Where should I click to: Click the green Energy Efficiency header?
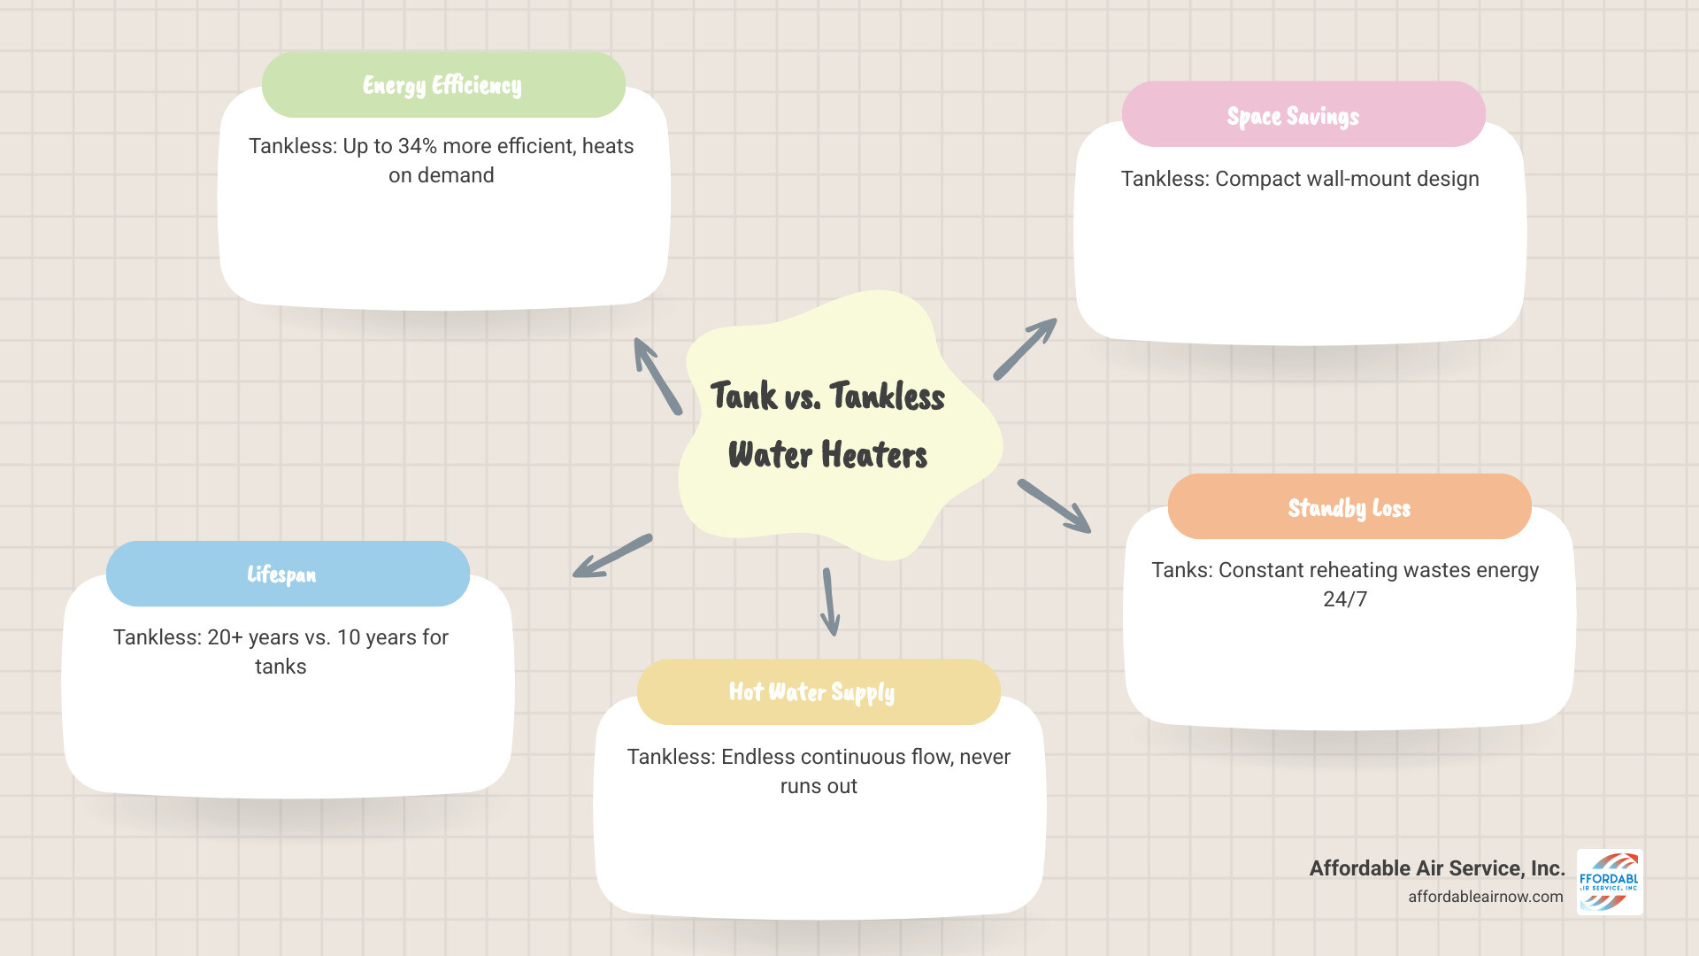[443, 85]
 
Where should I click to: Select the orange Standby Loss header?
[1349, 507]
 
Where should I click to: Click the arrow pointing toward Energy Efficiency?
[657, 375]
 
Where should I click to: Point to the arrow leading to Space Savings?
[1025, 349]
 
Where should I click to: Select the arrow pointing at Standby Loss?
[1054, 506]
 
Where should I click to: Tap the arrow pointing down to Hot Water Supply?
[830, 602]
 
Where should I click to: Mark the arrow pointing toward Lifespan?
[612, 556]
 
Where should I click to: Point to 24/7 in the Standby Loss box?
[1345, 599]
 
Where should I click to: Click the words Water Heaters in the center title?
[827, 455]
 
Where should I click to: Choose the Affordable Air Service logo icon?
[1610, 882]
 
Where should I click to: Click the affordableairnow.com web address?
[1485, 897]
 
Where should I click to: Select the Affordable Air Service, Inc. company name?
[1436, 868]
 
